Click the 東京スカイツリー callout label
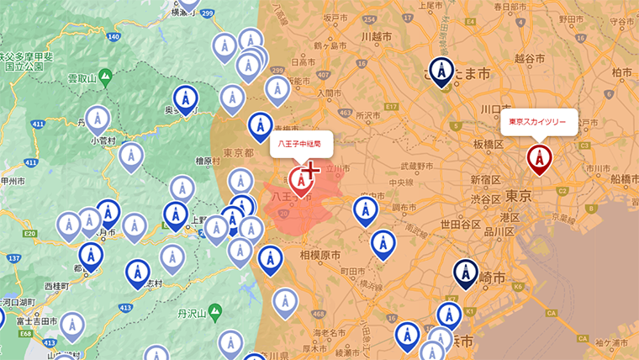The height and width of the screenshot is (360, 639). (539, 122)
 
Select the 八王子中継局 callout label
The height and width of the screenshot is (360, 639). (301, 144)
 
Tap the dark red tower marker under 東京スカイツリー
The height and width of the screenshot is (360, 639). (539, 157)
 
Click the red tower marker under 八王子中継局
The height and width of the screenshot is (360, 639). (300, 179)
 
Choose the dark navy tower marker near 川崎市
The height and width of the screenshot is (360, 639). (464, 273)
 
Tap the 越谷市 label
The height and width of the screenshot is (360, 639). (552, 59)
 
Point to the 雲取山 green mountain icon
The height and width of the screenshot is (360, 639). (105, 77)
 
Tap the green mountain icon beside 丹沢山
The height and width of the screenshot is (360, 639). (216, 312)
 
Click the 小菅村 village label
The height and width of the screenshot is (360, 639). (104, 140)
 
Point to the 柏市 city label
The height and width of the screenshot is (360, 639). (622, 73)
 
